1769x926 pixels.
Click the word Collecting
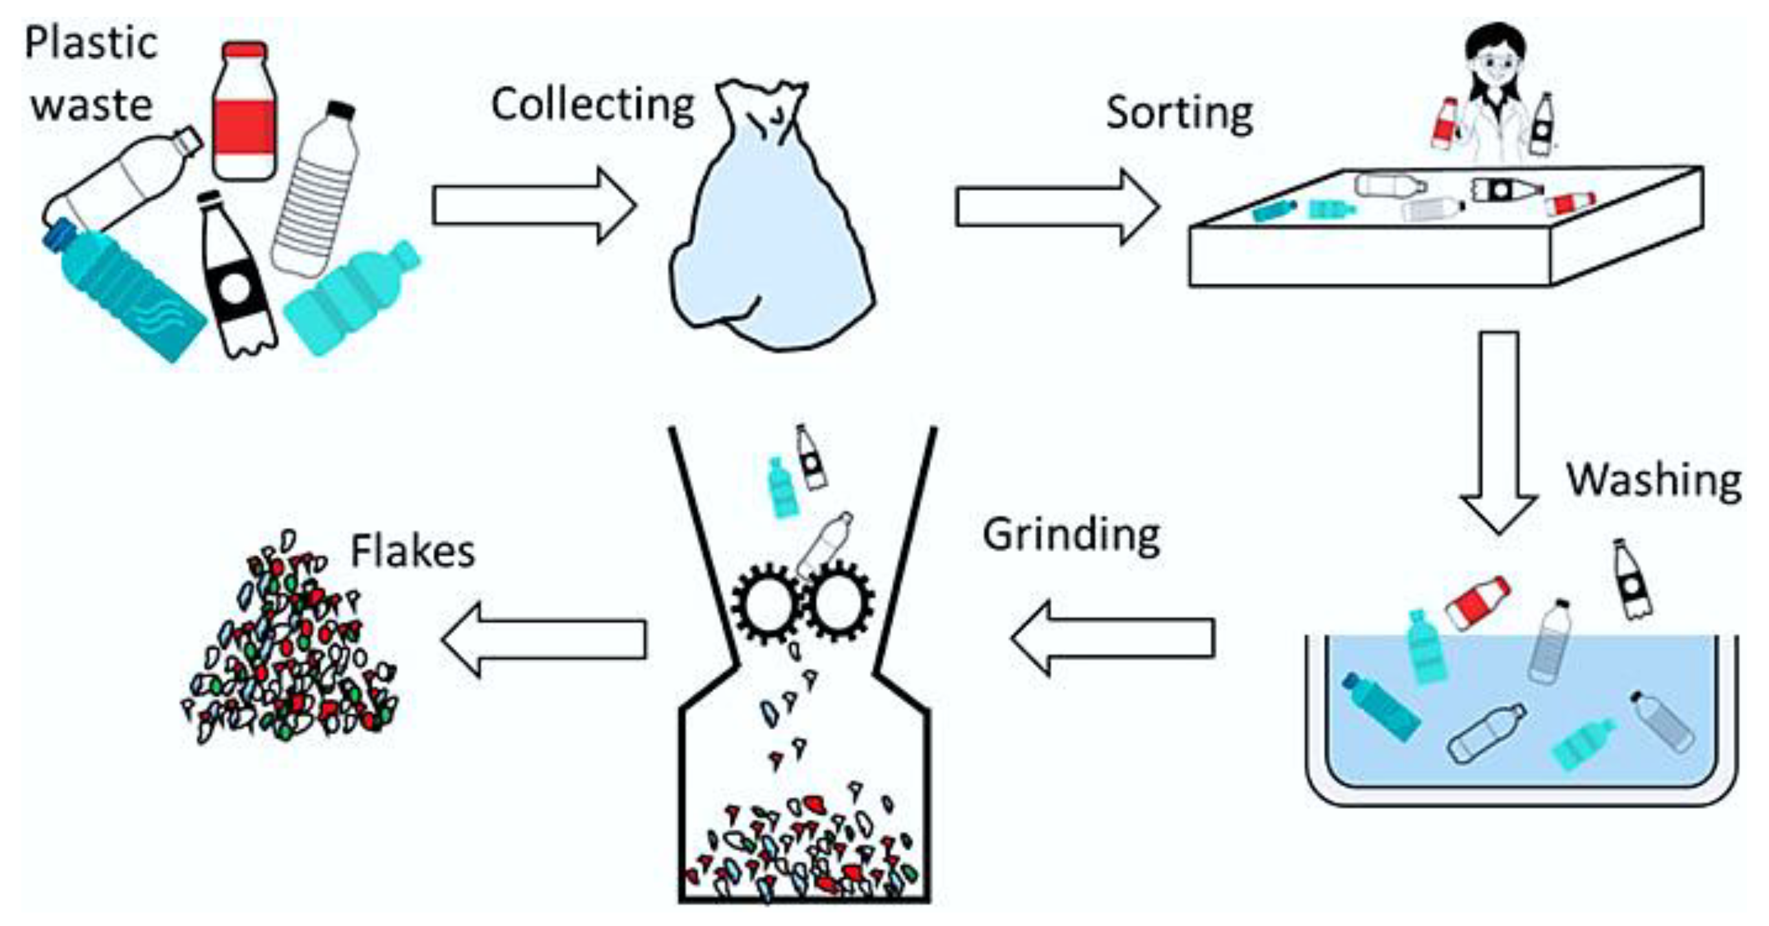593,104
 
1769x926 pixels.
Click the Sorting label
1179,113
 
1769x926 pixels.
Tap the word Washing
1654,480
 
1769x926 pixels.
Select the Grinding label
1071,535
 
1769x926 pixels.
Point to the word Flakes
413,552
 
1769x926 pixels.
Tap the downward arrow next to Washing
1498,433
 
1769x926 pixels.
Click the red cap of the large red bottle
244,50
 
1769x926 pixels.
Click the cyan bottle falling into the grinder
781,488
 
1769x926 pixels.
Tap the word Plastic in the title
91,43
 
